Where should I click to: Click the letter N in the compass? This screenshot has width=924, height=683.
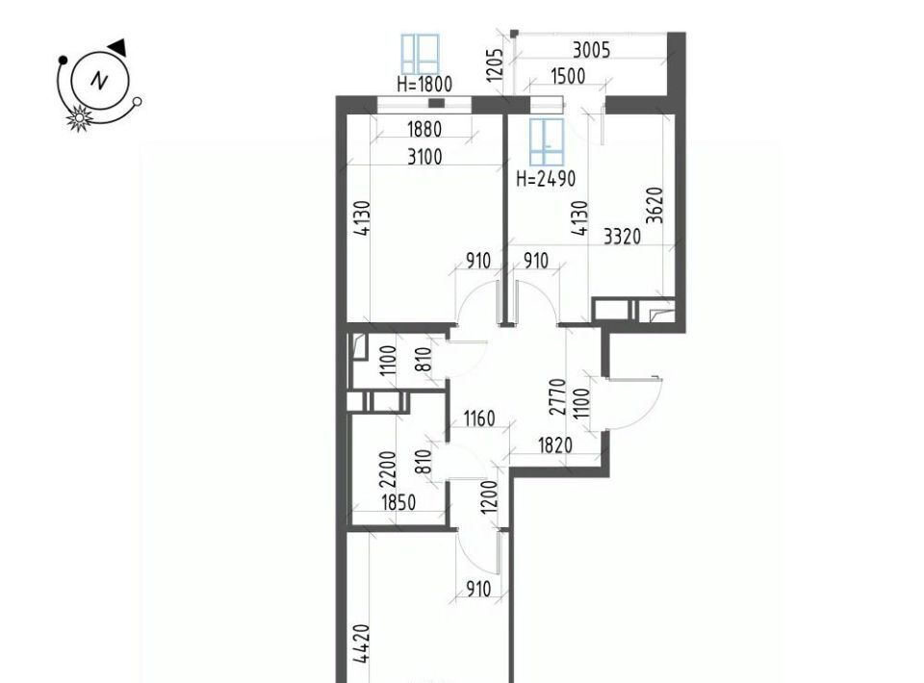click(99, 80)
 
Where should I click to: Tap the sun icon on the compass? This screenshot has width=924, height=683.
click(79, 117)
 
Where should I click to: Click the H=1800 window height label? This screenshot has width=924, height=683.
click(424, 85)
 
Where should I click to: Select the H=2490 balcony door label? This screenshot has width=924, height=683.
click(546, 178)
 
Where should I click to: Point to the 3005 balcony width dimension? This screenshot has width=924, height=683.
click(592, 51)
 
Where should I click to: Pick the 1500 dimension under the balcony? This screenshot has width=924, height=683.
click(568, 77)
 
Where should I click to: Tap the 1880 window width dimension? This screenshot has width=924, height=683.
click(424, 129)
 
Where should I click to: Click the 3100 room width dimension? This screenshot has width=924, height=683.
click(424, 157)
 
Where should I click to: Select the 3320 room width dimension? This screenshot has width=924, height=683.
click(623, 237)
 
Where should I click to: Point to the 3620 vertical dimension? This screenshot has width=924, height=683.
click(654, 205)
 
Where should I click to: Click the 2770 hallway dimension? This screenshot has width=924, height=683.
click(557, 397)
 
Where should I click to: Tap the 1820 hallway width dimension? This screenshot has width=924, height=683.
click(555, 445)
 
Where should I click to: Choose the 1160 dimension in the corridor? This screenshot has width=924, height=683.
click(479, 419)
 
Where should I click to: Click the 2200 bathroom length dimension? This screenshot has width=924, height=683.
click(388, 469)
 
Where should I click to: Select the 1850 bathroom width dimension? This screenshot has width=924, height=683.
click(398, 503)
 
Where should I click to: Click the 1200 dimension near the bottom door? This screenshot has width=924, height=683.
click(490, 497)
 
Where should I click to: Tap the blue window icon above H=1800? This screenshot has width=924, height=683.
click(421, 55)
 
